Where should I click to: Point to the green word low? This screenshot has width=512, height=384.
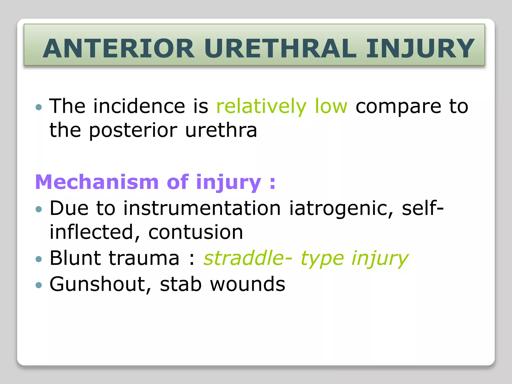click(331, 106)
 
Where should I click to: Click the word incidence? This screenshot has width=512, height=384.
click(139, 106)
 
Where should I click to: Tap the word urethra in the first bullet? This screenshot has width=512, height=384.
click(221, 130)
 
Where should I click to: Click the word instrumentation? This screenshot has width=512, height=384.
click(202, 208)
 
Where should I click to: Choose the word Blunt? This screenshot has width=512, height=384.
click(75, 258)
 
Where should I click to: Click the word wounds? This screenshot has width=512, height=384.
click(247, 284)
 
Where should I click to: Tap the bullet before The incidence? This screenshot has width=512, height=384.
click(39, 107)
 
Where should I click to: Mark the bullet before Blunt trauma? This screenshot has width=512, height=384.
click(39, 259)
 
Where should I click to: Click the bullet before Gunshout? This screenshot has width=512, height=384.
click(39, 285)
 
